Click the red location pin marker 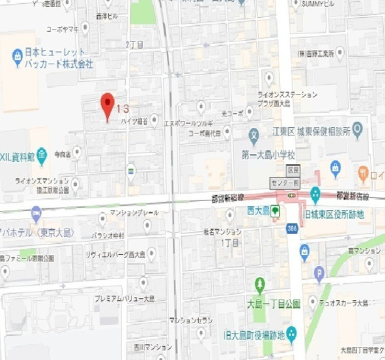(x=107, y=105)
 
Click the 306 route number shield (x=291, y=228)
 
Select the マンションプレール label (x=134, y=214)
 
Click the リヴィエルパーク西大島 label (x=114, y=254)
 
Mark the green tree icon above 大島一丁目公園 (x=260, y=284)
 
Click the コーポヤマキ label (x=62, y=29)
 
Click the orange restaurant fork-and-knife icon (x=363, y=173)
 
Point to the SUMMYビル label (x=317, y=4)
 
